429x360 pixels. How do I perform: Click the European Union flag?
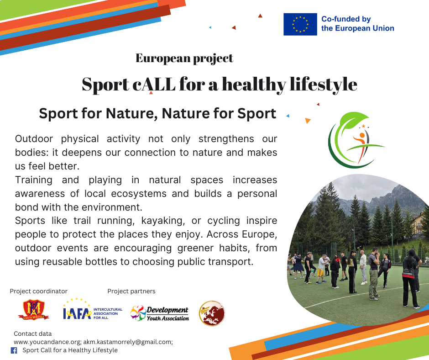point(300,24)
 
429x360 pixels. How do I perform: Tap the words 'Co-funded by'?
point(346,19)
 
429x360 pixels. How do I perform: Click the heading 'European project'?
point(184,58)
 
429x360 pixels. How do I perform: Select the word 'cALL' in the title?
point(154,84)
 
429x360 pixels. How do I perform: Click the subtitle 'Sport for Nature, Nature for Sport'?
point(157,113)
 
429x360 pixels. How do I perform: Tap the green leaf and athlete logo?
point(356,140)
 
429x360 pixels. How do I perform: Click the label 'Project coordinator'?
point(39,291)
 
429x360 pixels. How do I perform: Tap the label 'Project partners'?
point(131,291)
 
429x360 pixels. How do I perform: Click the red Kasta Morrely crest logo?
point(33,310)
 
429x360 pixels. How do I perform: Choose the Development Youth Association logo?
point(160,313)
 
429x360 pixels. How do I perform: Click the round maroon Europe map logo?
point(212,313)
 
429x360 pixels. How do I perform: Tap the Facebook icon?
point(14,350)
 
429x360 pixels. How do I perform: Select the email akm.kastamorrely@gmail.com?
point(128,342)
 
